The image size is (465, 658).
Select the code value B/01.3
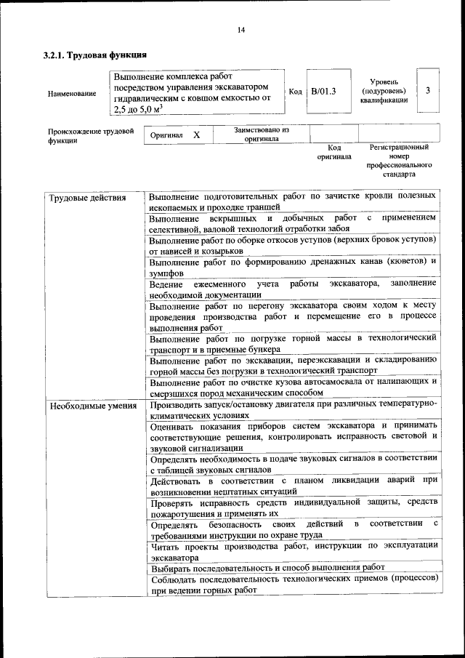pyautogui.click(x=323, y=91)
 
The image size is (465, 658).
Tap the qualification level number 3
pyautogui.click(x=428, y=90)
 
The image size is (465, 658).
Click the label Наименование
pyautogui.click(x=71, y=94)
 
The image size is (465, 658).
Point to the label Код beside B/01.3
pyautogui.click(x=295, y=92)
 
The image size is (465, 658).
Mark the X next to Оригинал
pyautogui.click(x=196, y=135)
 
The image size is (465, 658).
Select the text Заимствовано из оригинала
pyautogui.click(x=262, y=134)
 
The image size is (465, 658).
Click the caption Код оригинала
pyautogui.click(x=334, y=152)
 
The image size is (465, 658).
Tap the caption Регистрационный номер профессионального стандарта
pyautogui.click(x=399, y=161)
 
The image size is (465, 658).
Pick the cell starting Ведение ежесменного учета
pyautogui.click(x=293, y=289)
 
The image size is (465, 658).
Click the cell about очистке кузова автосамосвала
pyautogui.click(x=293, y=386)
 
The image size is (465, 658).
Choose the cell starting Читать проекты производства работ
pyautogui.click(x=293, y=551)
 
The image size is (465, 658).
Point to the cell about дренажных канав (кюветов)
pyautogui.click(x=293, y=266)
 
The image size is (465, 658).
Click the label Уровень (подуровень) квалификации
pyautogui.click(x=384, y=91)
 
